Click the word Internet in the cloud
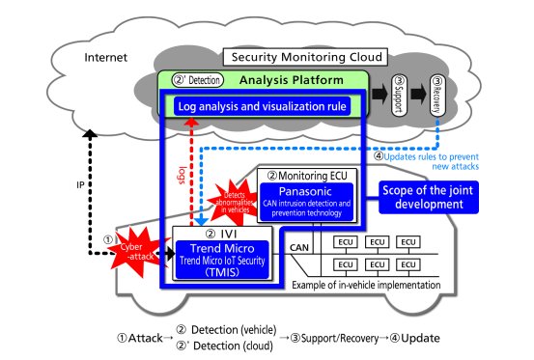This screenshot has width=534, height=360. click(107, 57)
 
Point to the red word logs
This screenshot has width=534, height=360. click(182, 177)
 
